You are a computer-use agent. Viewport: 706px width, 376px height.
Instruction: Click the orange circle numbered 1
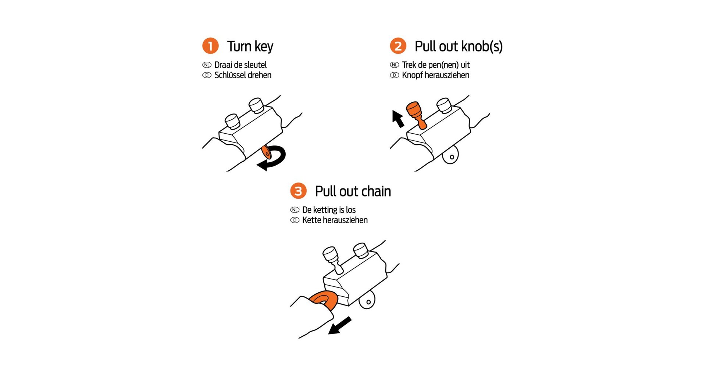[210, 46]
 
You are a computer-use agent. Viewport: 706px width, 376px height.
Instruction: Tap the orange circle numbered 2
[398, 46]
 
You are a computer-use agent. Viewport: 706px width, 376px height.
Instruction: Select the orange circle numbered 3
[298, 191]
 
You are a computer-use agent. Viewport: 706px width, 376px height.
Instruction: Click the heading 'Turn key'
[250, 46]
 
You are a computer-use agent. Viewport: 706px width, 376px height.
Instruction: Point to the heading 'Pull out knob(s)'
[459, 46]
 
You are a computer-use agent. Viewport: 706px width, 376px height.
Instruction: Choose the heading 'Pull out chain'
[353, 191]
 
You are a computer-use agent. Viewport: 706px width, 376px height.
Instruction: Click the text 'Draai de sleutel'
[240, 65]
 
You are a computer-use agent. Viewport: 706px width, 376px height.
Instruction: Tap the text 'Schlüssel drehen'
[243, 75]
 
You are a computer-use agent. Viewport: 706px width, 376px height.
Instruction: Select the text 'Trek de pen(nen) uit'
[436, 65]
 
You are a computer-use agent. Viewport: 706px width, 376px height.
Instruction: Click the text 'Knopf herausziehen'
[435, 75]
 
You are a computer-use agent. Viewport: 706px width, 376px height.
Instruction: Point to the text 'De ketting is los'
[329, 210]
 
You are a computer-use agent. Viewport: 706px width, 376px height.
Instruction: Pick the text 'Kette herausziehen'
[335, 220]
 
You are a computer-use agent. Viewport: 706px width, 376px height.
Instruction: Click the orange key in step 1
[266, 152]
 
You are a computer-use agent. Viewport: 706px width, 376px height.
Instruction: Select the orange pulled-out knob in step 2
[416, 115]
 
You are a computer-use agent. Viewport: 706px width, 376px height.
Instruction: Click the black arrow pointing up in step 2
[398, 119]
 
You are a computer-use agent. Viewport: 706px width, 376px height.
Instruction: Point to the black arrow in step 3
[339, 326]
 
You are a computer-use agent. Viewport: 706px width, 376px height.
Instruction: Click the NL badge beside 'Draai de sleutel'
[207, 65]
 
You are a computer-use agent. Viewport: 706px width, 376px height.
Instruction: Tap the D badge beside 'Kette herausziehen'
[295, 220]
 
